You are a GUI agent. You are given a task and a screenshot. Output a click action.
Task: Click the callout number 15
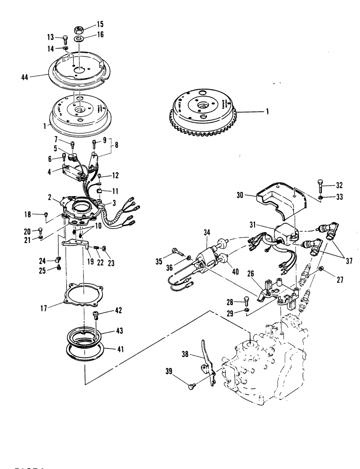pyautogui.click(x=99, y=24)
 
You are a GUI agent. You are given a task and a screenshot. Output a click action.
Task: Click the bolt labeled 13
pyautogui.click(x=65, y=39)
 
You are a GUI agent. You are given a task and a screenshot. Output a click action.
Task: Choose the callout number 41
pyautogui.click(x=120, y=349)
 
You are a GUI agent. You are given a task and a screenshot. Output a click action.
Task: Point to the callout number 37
pyautogui.click(x=348, y=261)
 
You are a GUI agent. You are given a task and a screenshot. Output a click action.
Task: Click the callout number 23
pyautogui.click(x=111, y=263)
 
